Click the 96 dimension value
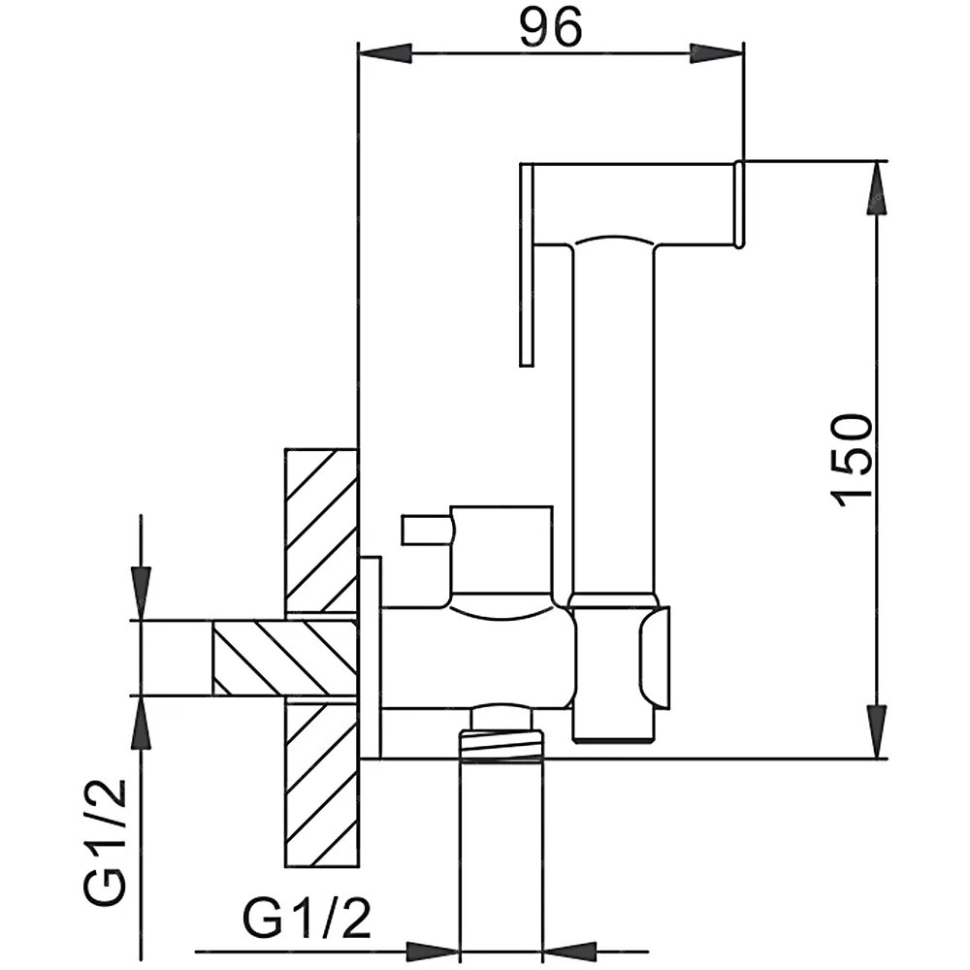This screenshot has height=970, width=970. point(551,28)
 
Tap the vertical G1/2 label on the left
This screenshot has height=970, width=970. point(105,843)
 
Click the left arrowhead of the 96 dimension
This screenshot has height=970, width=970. point(385,53)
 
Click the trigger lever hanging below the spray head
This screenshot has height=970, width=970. point(527,265)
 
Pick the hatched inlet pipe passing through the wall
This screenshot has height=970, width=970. point(284,658)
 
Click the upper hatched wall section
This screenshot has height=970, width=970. point(321,532)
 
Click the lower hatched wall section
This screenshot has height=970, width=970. point(321,783)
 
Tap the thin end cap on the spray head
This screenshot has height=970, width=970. point(738,206)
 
